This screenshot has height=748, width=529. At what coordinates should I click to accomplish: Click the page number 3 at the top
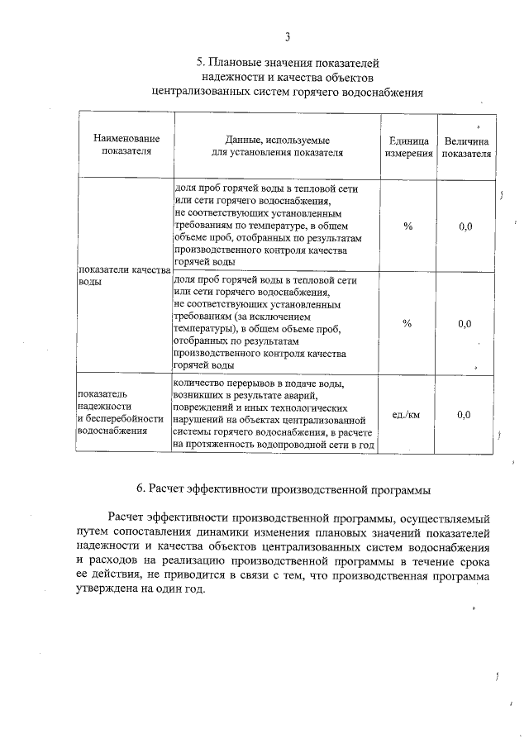(287, 36)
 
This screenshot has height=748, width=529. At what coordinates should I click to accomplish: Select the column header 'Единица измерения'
(408, 146)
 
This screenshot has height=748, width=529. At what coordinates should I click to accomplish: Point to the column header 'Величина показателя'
(466, 146)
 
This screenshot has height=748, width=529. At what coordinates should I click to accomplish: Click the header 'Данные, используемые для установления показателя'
(277, 146)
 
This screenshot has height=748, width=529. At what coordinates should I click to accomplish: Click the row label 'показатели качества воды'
(123, 275)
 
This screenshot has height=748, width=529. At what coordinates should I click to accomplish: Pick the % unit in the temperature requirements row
(407, 226)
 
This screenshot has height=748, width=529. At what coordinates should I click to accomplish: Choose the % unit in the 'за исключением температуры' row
(407, 323)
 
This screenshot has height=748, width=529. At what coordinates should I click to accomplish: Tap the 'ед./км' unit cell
(407, 414)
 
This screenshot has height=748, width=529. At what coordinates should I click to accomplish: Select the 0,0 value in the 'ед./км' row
(465, 414)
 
